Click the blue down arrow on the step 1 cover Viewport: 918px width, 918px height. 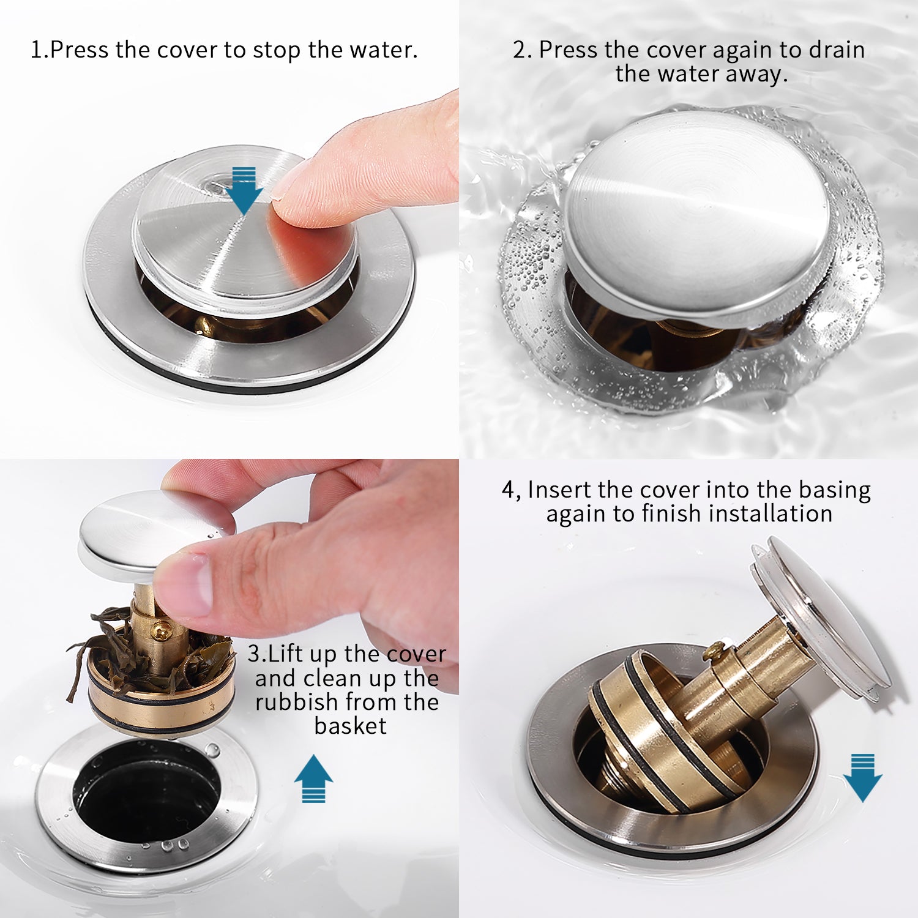244,190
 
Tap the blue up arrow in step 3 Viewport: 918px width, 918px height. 313,778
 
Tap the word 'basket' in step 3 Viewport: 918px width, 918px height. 350,726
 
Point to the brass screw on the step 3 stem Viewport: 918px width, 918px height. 161,629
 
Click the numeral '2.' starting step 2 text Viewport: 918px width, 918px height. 522,50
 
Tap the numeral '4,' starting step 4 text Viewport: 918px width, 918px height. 512,491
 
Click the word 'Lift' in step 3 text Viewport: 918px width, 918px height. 286,654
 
